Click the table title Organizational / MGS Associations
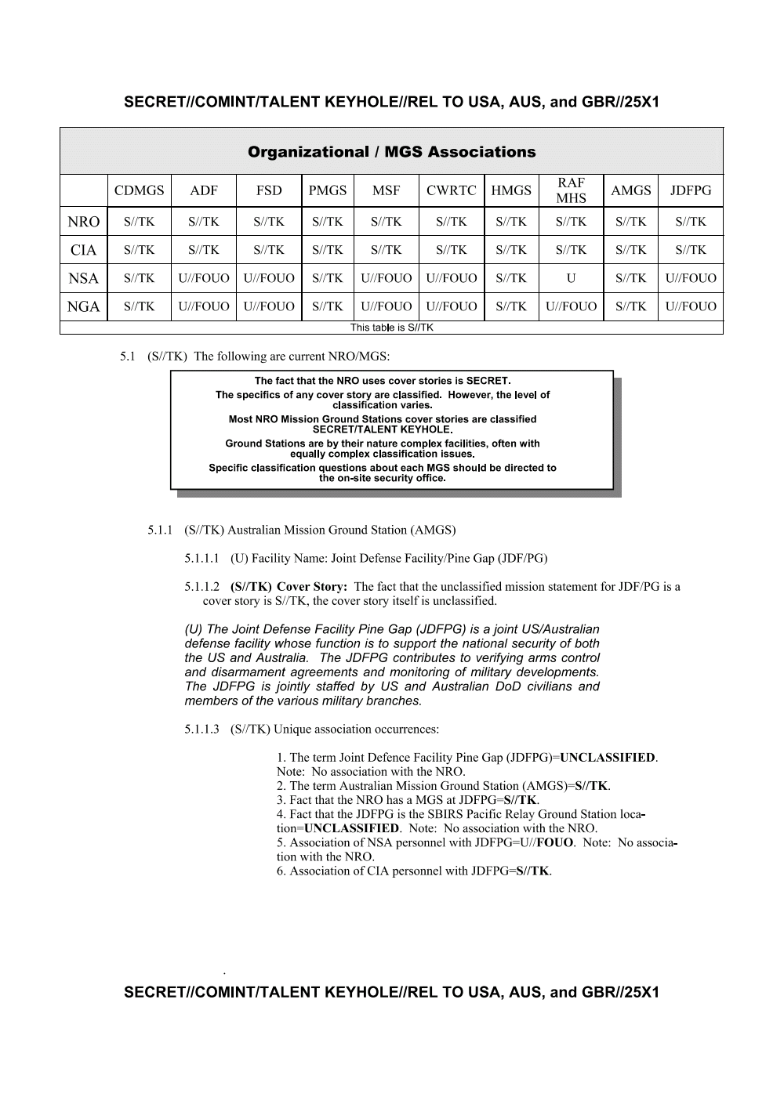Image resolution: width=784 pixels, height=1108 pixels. coord(391,152)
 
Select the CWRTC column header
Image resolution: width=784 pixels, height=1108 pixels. coord(451,190)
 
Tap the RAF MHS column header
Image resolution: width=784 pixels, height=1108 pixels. coord(571,190)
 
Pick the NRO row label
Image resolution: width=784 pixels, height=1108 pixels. coord(83,222)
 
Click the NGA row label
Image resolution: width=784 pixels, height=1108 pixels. coord(83,306)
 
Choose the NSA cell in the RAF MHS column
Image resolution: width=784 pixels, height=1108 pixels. coord(571,278)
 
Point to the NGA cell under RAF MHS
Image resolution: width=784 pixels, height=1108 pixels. coord(571,306)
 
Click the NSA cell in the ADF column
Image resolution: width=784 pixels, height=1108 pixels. coord(204,278)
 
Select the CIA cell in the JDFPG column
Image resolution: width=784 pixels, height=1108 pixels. coord(691,250)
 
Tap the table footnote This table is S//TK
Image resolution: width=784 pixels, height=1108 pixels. coord(391,328)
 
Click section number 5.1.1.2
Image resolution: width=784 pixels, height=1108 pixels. coord(201,587)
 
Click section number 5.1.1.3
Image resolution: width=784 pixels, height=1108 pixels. coord(201,730)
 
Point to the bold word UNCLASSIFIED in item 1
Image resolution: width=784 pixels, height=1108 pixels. coord(608,758)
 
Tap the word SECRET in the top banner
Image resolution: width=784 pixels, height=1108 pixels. coord(154,103)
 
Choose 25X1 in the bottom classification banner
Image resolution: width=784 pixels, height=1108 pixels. coord(641,993)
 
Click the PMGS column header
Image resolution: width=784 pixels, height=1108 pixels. coord(327,190)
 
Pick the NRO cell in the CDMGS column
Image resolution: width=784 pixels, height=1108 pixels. coord(139,222)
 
